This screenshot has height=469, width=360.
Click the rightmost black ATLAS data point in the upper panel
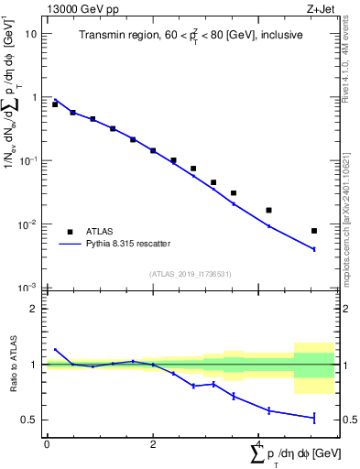click(314, 231)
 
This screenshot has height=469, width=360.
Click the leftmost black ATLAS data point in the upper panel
click(55, 104)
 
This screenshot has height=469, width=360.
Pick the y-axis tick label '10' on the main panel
click(30, 33)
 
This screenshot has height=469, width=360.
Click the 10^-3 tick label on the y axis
click(27, 288)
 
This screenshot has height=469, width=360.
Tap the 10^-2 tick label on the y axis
click(27, 224)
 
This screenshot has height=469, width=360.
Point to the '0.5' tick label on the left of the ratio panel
click(29, 420)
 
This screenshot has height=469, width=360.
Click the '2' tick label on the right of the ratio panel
click(344, 309)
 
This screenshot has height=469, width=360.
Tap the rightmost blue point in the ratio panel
click(314, 418)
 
